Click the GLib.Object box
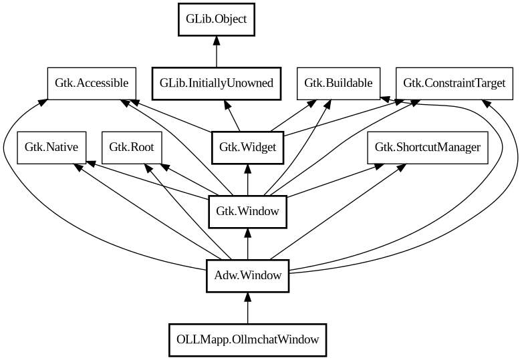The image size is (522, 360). click(216, 19)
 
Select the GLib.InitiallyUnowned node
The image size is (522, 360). click(216, 83)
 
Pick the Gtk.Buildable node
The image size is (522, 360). click(338, 83)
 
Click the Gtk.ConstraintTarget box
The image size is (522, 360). click(454, 83)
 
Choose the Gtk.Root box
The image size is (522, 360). click(132, 148)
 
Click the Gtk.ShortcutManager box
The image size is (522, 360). click(427, 148)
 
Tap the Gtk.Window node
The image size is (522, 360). click(248, 212)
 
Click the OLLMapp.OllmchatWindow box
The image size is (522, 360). click(248, 340)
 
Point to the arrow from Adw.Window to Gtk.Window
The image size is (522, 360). click(248, 244)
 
